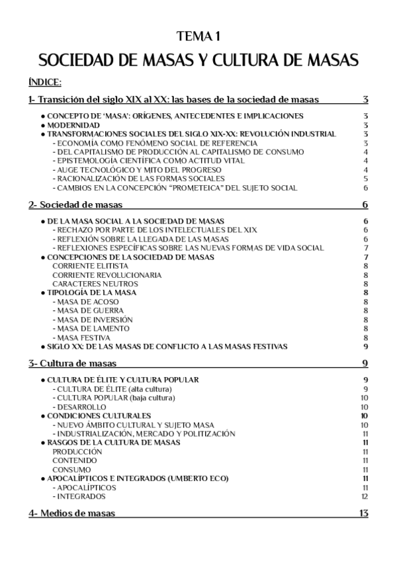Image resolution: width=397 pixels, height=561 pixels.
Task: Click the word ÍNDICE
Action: click(45, 82)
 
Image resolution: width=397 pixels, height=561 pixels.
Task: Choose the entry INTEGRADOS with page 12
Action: click(79, 496)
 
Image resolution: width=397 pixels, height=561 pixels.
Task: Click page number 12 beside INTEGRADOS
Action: click(365, 496)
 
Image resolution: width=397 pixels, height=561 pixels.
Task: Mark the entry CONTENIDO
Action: click(75, 460)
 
